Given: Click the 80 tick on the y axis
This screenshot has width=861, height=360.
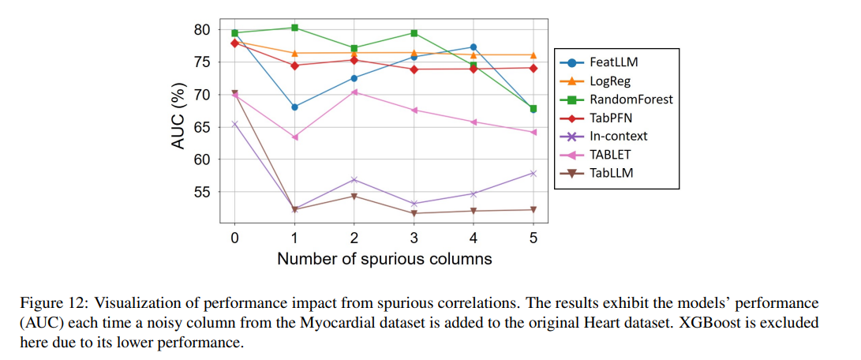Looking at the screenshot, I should [x=200, y=30].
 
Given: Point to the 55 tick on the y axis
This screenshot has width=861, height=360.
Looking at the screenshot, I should [x=200, y=192].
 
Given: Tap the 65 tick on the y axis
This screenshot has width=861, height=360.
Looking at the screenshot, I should [x=200, y=127].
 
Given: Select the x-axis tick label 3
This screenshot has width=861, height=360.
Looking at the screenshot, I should [x=414, y=238].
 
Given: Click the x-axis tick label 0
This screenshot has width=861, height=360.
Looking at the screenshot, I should [x=234, y=238].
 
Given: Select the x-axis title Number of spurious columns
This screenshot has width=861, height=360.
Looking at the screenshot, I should [x=384, y=258].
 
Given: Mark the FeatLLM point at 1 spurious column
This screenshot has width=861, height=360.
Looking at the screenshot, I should [x=294, y=107].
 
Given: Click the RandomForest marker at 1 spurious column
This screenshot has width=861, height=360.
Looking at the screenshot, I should [x=294, y=28].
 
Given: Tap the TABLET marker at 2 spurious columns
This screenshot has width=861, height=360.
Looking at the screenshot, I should [x=354, y=92].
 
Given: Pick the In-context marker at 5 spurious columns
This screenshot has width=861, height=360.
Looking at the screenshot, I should [x=533, y=173].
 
